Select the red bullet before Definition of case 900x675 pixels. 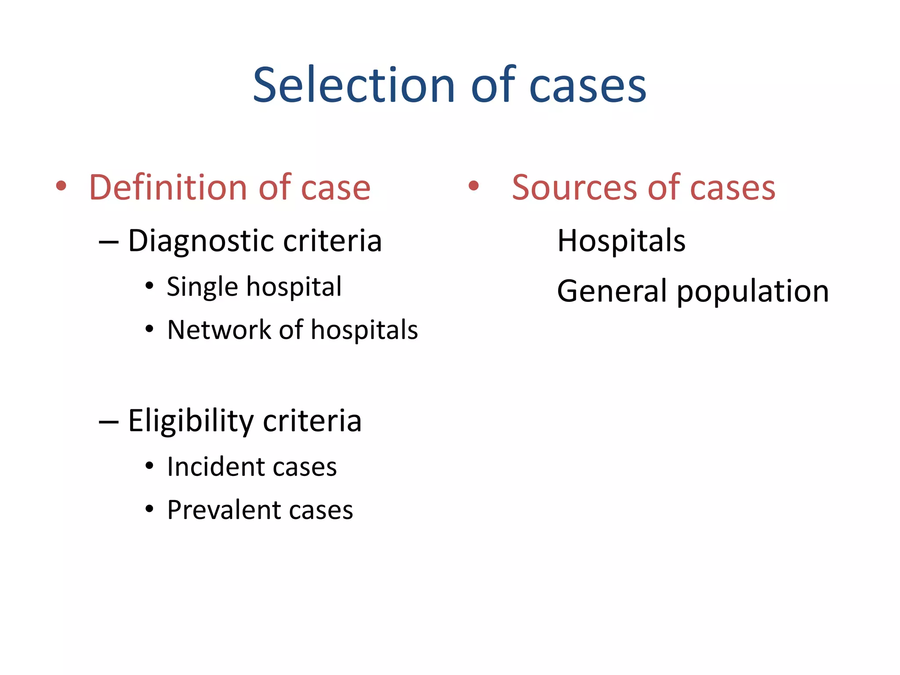point(61,186)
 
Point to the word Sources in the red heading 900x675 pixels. point(574,188)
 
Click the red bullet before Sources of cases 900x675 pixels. point(473,186)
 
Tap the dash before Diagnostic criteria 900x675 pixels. point(109,242)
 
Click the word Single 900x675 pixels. point(203,287)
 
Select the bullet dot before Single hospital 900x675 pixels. point(149,286)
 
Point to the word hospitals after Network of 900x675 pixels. point(364,330)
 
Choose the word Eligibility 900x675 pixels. point(191,421)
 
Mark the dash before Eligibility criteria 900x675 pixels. point(109,422)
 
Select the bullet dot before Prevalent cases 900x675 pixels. point(149,509)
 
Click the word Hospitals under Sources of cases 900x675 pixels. point(621,241)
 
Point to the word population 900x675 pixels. point(752,292)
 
